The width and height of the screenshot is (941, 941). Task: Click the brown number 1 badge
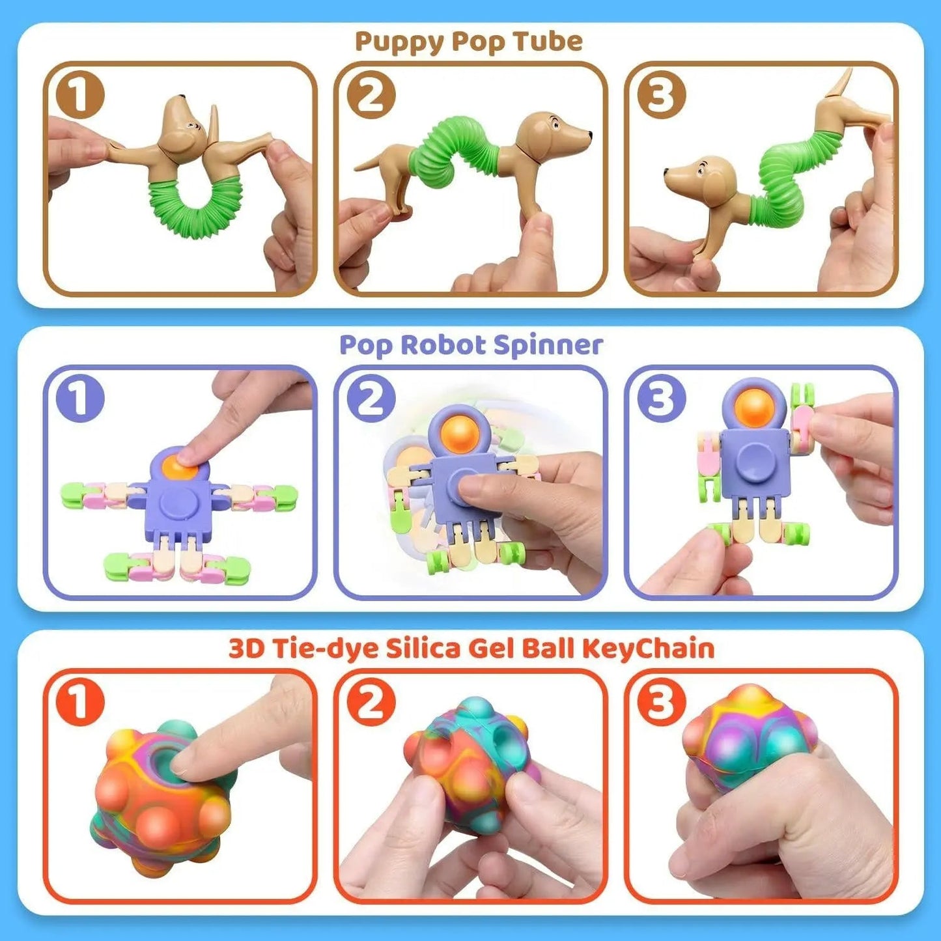tap(80, 95)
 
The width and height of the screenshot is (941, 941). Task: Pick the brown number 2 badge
tap(371, 95)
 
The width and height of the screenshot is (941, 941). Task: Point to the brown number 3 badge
tap(662, 95)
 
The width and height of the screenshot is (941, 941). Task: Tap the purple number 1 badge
tap(80, 398)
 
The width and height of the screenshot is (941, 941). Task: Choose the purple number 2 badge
tap(371, 398)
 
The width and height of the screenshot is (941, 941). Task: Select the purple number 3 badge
tap(662, 398)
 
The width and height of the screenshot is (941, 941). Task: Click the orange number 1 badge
tap(80, 702)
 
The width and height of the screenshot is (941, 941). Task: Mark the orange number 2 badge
tap(371, 702)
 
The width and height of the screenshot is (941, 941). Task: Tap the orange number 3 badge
tap(662, 702)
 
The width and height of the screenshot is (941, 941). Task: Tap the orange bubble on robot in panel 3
tap(754, 407)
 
